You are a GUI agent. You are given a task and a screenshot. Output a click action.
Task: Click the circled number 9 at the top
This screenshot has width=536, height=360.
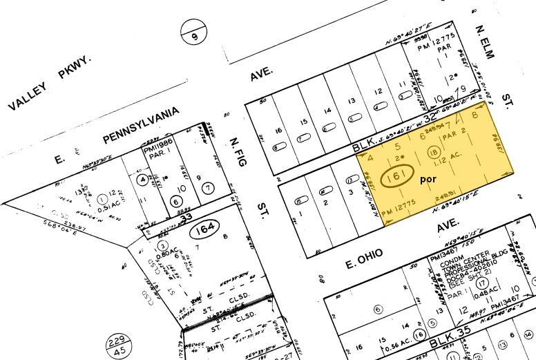194,31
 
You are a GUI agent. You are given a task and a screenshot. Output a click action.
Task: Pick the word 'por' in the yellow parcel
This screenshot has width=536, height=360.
429,179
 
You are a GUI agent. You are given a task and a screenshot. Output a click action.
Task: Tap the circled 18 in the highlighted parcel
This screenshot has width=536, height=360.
434,153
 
